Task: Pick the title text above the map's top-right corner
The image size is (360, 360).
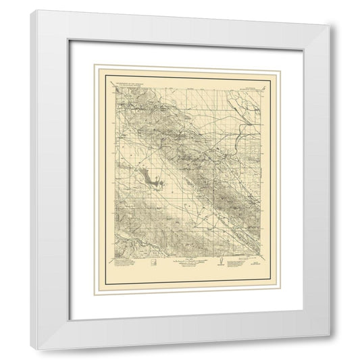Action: click(250, 86)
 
